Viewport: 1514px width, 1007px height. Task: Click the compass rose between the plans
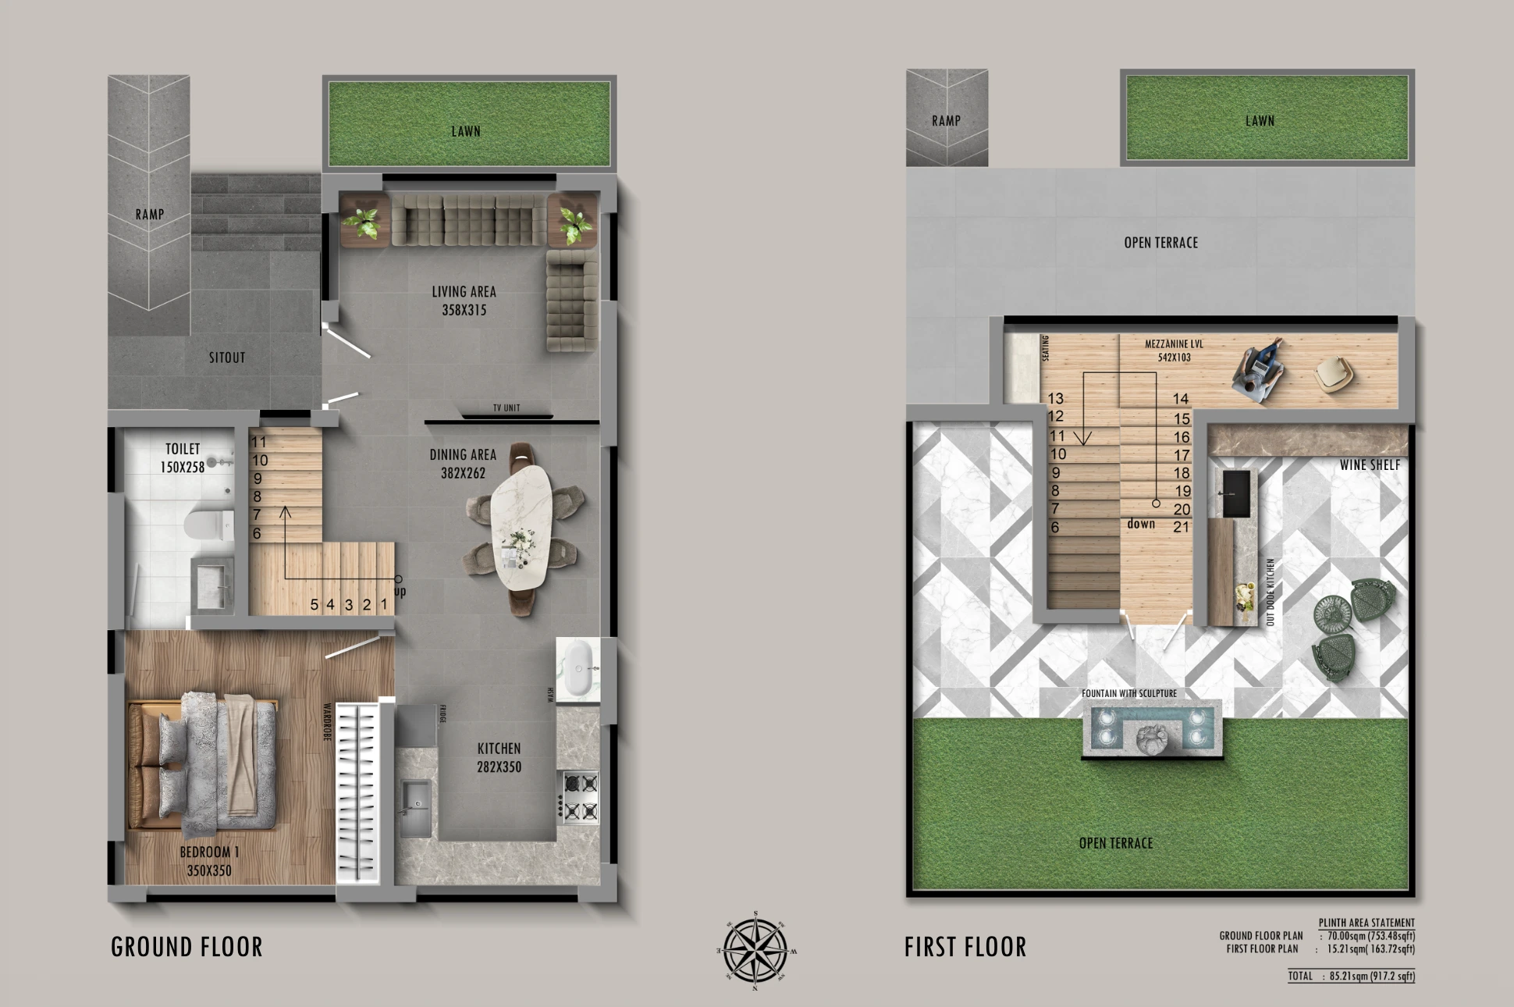[x=755, y=951]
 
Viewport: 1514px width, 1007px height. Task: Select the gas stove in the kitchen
[x=580, y=797]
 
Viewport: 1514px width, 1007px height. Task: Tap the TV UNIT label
[x=506, y=408]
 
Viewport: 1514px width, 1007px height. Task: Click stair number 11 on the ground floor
[x=259, y=443]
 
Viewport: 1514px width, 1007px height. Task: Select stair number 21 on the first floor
[x=1181, y=527]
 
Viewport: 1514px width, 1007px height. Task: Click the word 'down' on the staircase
[x=1140, y=524]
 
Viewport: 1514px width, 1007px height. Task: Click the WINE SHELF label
[x=1370, y=465]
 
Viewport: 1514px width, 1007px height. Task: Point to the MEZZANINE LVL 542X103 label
[x=1174, y=350]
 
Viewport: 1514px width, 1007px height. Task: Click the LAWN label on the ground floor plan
[x=466, y=131]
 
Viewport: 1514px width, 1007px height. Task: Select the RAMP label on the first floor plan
[x=946, y=121]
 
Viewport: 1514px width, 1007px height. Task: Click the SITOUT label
[x=227, y=358]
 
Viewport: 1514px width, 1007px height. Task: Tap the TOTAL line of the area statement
[x=1351, y=976]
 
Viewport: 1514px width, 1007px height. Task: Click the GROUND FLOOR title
[x=187, y=947]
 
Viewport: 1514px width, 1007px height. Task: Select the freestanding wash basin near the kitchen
[x=578, y=669]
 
